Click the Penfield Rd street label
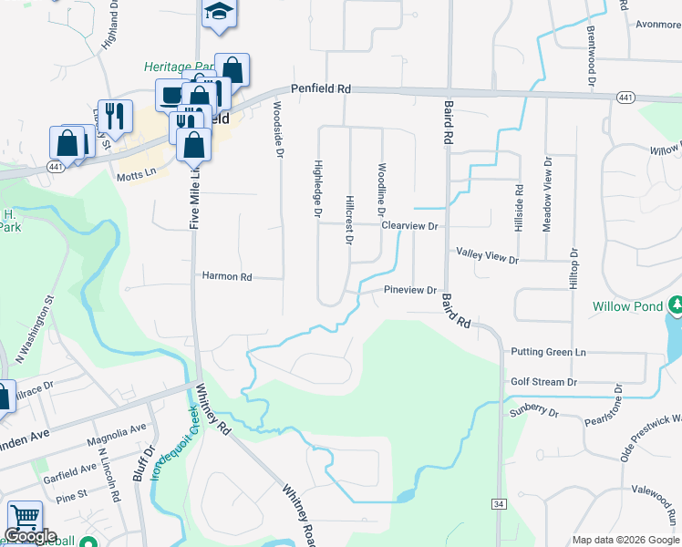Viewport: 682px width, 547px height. [x=321, y=89]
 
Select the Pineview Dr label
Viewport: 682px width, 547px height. [x=410, y=290]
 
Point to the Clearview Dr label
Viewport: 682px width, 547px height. [x=410, y=225]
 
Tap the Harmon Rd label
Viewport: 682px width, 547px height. [x=226, y=275]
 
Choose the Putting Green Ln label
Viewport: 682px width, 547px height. [x=548, y=352]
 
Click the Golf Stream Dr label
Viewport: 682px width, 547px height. [x=544, y=382]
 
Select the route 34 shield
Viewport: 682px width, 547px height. [x=498, y=503]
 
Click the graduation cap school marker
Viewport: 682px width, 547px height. [x=218, y=12]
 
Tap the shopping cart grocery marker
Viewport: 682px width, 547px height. [x=25, y=518]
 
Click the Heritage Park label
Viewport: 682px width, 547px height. [x=176, y=67]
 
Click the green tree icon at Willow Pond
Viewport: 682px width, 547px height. [x=676, y=304]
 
